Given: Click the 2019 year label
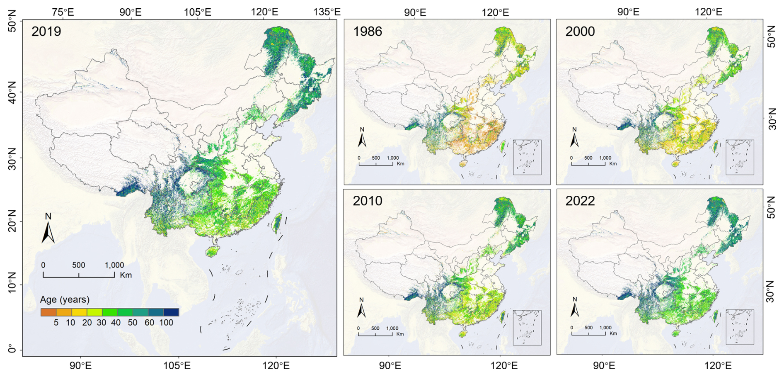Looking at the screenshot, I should (46, 32).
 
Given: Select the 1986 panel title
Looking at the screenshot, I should (367, 32).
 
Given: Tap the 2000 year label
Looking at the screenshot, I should (580, 32).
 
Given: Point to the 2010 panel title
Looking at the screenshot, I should (367, 201).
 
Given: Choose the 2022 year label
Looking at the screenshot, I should (580, 201).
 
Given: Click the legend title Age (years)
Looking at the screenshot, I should (65, 299).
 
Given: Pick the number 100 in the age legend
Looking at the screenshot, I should (166, 323).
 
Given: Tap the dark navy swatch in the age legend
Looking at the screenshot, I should (171, 312).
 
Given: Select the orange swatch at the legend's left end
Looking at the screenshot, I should (48, 312).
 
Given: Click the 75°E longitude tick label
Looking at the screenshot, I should (63, 12).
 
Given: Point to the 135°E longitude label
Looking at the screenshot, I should (327, 12).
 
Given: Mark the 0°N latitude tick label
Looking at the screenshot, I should (12, 350).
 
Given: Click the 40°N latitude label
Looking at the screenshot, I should (12, 92).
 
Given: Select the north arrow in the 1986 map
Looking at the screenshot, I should (362, 138).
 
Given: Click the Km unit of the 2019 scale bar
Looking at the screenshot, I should (126, 275).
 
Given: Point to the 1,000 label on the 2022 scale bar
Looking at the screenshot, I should (605, 328).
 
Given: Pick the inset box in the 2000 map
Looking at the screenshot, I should (740, 157).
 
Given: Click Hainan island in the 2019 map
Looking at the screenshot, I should (212, 251).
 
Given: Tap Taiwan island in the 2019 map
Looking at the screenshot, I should (277, 223).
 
